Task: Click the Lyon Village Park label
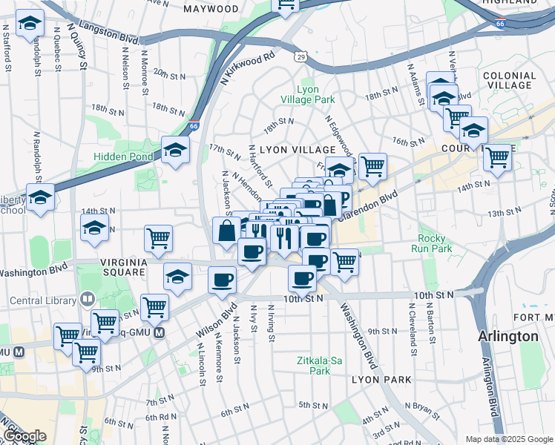tap(307, 94)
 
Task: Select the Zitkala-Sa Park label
tap(319, 364)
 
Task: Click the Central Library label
tap(43, 300)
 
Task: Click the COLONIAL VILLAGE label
tap(508, 80)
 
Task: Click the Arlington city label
tap(509, 336)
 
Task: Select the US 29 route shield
tap(301, 56)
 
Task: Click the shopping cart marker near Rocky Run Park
tap(344, 262)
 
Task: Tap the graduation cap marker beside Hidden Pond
tap(176, 151)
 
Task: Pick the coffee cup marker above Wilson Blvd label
tap(222, 280)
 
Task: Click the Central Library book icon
tap(87, 300)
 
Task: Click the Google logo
tap(24, 437)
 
